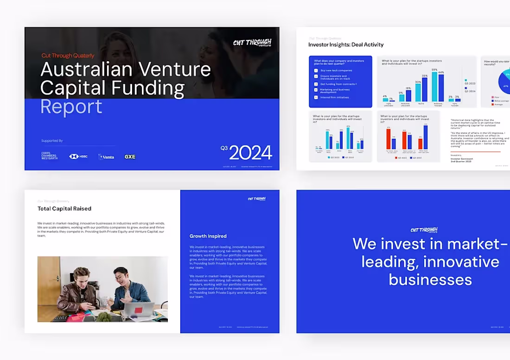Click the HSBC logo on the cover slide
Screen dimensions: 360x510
(78, 157)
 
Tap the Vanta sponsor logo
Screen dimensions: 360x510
(106, 157)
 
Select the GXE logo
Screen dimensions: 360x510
(130, 157)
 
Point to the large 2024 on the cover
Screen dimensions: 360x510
(250, 152)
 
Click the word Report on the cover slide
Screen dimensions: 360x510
(71, 107)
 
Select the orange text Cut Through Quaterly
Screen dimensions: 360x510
(68, 56)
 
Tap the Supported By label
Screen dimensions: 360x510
(52, 141)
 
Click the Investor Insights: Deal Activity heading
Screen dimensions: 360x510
(346, 44)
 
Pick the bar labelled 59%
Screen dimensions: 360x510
(434, 87)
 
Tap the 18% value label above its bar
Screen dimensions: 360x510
(408, 88)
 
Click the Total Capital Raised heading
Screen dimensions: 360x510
(64, 208)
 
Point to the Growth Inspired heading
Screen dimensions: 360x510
(208, 236)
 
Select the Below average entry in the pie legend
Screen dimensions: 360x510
(501, 100)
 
